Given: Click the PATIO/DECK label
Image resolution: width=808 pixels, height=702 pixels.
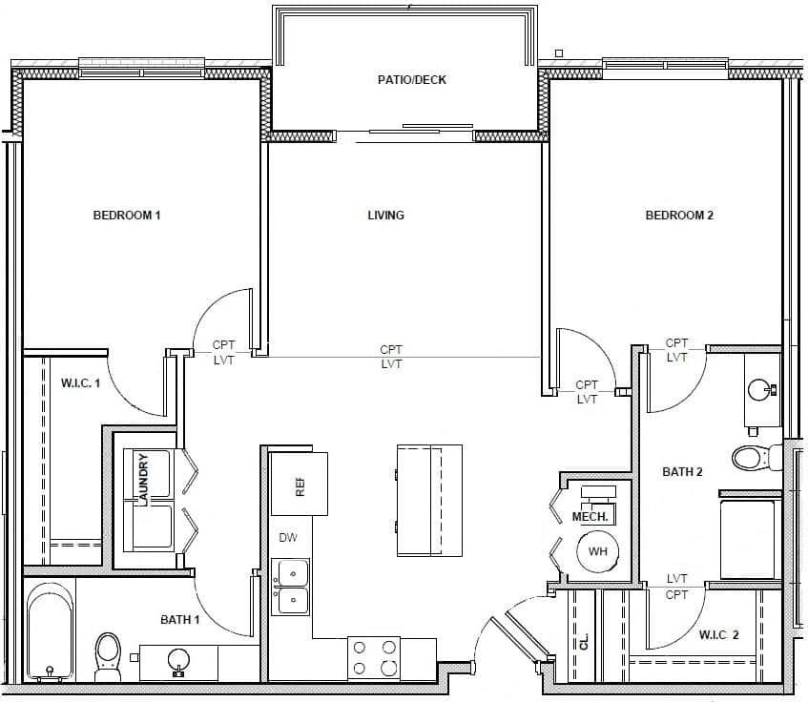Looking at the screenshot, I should tap(411, 80).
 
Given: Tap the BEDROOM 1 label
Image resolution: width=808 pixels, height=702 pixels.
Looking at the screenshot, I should tap(126, 216).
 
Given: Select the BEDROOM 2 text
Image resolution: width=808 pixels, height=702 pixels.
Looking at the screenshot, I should tap(679, 216).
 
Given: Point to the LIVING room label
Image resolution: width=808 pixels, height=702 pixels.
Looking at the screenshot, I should tap(385, 216).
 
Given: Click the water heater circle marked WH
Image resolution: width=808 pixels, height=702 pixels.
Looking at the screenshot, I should tap(598, 552).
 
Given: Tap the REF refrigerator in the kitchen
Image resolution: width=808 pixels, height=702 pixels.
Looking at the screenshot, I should tap(299, 485).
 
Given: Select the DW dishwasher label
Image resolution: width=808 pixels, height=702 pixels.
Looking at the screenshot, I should tap(288, 538).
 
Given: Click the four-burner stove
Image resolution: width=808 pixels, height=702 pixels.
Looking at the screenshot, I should tap(374, 658).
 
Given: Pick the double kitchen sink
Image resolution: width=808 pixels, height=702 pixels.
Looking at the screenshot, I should tap(290, 587).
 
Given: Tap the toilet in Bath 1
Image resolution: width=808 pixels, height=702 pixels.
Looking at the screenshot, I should tap(108, 656).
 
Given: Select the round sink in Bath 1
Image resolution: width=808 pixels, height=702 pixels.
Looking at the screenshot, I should tap(177, 659).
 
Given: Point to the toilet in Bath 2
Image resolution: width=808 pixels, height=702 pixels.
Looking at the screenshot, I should tap(751, 458).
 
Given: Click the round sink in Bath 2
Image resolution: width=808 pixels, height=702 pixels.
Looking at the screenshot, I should tap(759, 390).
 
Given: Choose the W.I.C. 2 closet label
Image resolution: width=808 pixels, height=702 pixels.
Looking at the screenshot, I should tap(719, 635).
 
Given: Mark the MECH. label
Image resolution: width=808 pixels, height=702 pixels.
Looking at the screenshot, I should tap(590, 517).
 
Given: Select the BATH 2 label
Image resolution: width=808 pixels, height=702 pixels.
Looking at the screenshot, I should tap(682, 472).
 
